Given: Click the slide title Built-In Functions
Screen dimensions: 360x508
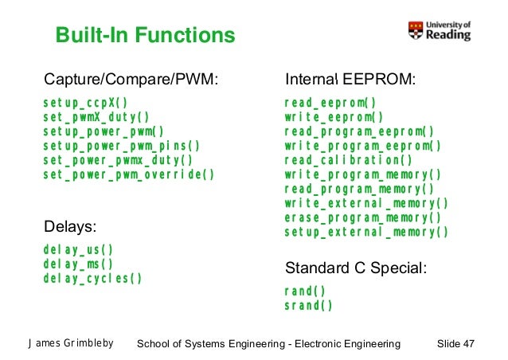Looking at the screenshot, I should click(x=145, y=36).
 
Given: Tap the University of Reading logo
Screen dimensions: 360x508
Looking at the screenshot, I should click(x=440, y=30).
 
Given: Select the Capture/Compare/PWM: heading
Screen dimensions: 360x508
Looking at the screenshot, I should click(x=131, y=80).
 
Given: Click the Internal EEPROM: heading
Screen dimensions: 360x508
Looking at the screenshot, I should click(x=351, y=80).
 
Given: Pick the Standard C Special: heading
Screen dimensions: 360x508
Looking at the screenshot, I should click(x=356, y=268).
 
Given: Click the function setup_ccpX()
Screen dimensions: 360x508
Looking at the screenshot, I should click(x=85, y=103).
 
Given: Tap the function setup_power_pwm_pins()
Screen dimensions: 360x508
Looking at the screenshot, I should click(x=122, y=146).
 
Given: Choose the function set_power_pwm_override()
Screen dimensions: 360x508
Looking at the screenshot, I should click(x=129, y=174).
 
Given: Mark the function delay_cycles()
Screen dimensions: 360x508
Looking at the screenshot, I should click(x=93, y=279).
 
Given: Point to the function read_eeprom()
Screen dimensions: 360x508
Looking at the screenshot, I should click(x=330, y=103).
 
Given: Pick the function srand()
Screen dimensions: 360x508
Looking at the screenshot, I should click(x=308, y=305).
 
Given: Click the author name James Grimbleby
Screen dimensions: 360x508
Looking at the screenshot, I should click(x=71, y=343).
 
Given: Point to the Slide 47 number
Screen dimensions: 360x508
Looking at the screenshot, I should click(x=456, y=343).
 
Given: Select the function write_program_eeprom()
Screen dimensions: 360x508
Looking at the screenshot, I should click(x=363, y=146).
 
